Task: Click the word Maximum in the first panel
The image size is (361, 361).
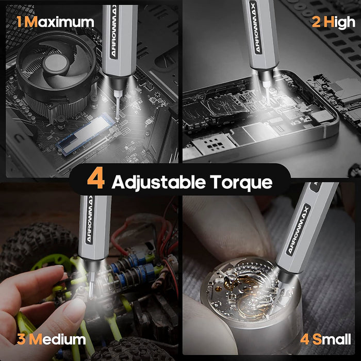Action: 59,22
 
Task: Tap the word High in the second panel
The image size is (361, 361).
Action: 339,23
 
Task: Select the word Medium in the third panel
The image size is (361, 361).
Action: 57,339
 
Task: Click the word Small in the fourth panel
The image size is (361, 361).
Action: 332,339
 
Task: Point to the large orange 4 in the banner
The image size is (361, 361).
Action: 96,178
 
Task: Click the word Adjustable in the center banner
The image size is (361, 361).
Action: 158,183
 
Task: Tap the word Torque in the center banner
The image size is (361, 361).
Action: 241,183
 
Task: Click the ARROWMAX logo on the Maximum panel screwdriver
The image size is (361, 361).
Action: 114,32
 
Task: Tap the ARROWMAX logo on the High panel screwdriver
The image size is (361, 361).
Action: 256,27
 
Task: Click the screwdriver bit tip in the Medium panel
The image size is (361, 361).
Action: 91,296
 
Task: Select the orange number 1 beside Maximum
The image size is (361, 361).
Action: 20,22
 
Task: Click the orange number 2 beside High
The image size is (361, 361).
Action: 316,22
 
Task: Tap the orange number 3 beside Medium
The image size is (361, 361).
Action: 21,339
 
